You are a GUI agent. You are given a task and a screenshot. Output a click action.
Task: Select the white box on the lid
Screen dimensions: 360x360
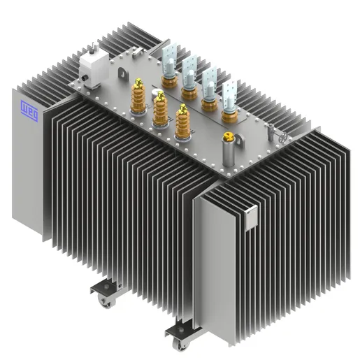click(x=91, y=67)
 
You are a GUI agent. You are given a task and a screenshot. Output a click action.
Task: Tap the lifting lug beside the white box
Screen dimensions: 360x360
click(x=123, y=72)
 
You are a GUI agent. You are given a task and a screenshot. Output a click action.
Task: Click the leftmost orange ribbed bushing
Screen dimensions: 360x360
click(x=139, y=98)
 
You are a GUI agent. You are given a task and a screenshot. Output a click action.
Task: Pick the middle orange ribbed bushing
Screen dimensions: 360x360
click(x=161, y=110)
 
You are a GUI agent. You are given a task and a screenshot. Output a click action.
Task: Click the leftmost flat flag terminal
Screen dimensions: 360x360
click(x=169, y=58)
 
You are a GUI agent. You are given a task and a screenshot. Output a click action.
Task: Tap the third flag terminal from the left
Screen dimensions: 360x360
click(x=209, y=85)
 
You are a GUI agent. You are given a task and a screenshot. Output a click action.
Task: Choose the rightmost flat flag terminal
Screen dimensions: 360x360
click(x=229, y=96)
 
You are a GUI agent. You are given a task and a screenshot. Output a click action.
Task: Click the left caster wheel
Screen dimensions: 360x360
click(x=106, y=302)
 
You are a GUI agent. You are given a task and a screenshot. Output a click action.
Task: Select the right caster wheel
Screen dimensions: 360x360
click(x=181, y=343)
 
